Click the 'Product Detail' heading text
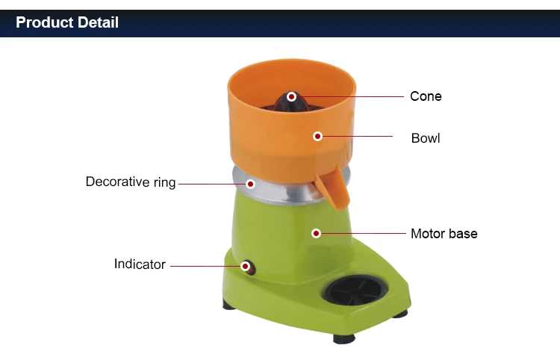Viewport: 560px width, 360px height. click(x=67, y=22)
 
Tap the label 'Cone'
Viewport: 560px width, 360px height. click(x=426, y=96)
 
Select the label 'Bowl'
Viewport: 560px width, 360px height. click(x=426, y=138)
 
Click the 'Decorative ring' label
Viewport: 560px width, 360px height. click(x=131, y=181)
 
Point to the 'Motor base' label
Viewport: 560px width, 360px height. click(x=444, y=234)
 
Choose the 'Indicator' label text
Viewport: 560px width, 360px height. click(x=140, y=264)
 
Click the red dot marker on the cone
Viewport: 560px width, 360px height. click(x=292, y=96)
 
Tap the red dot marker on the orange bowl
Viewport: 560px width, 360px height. click(x=317, y=136)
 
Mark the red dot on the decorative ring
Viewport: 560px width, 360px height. click(x=250, y=184)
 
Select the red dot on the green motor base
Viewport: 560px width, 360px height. click(x=316, y=234)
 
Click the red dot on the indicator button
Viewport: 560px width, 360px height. click(x=245, y=266)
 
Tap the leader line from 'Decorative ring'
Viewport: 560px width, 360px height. click(x=213, y=184)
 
